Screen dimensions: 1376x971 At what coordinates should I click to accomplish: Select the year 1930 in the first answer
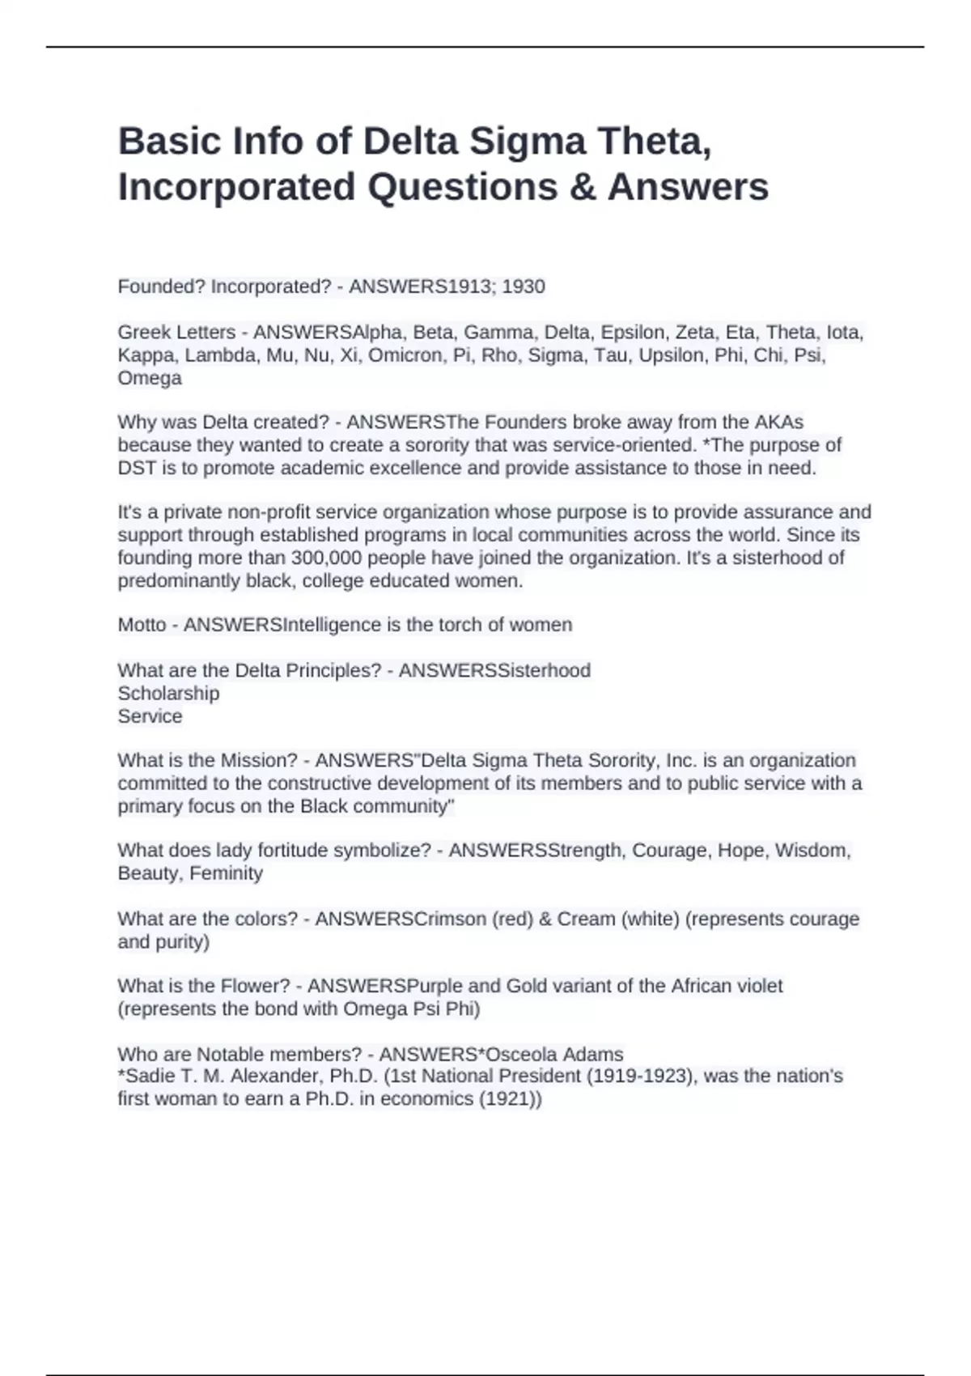pyautogui.click(x=524, y=287)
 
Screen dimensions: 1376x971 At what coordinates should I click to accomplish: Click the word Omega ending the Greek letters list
pyautogui.click(x=150, y=378)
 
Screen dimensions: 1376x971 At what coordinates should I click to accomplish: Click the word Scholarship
pyautogui.click(x=168, y=694)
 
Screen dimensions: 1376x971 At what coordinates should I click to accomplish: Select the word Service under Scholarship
pyautogui.click(x=150, y=716)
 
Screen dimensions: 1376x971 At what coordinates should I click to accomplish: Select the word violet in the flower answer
pyautogui.click(x=756, y=986)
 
